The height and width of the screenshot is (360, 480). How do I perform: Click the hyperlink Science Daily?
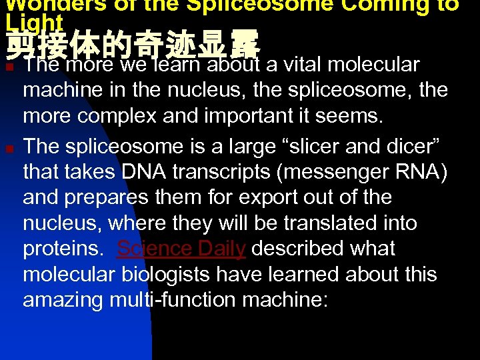[181, 249]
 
